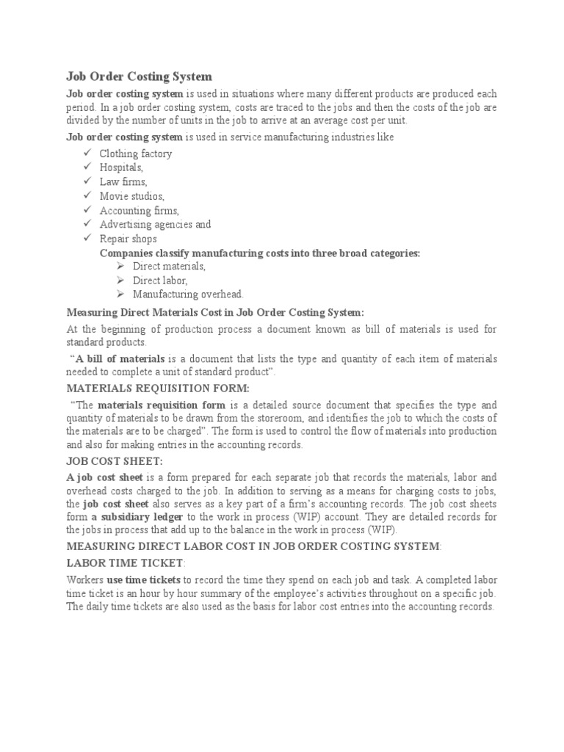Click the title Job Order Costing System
pyautogui.click(x=139, y=76)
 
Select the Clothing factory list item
pyautogui.click(x=136, y=153)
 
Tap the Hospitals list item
pyautogui.click(x=121, y=167)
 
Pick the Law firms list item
pyautogui.click(x=123, y=181)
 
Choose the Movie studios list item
pyautogui.click(x=132, y=196)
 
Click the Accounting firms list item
pyautogui.click(x=139, y=210)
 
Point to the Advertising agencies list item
pyautogui.click(x=155, y=224)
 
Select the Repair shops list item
pyautogui.click(x=128, y=239)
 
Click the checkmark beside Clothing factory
pyautogui.click(x=86, y=153)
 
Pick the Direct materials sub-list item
pyautogui.click(x=169, y=267)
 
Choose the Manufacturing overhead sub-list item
pyautogui.click(x=188, y=294)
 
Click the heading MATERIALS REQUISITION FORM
pyautogui.click(x=158, y=388)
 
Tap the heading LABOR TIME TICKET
pyautogui.click(x=126, y=563)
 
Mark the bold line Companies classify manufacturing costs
pyautogui.click(x=260, y=253)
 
